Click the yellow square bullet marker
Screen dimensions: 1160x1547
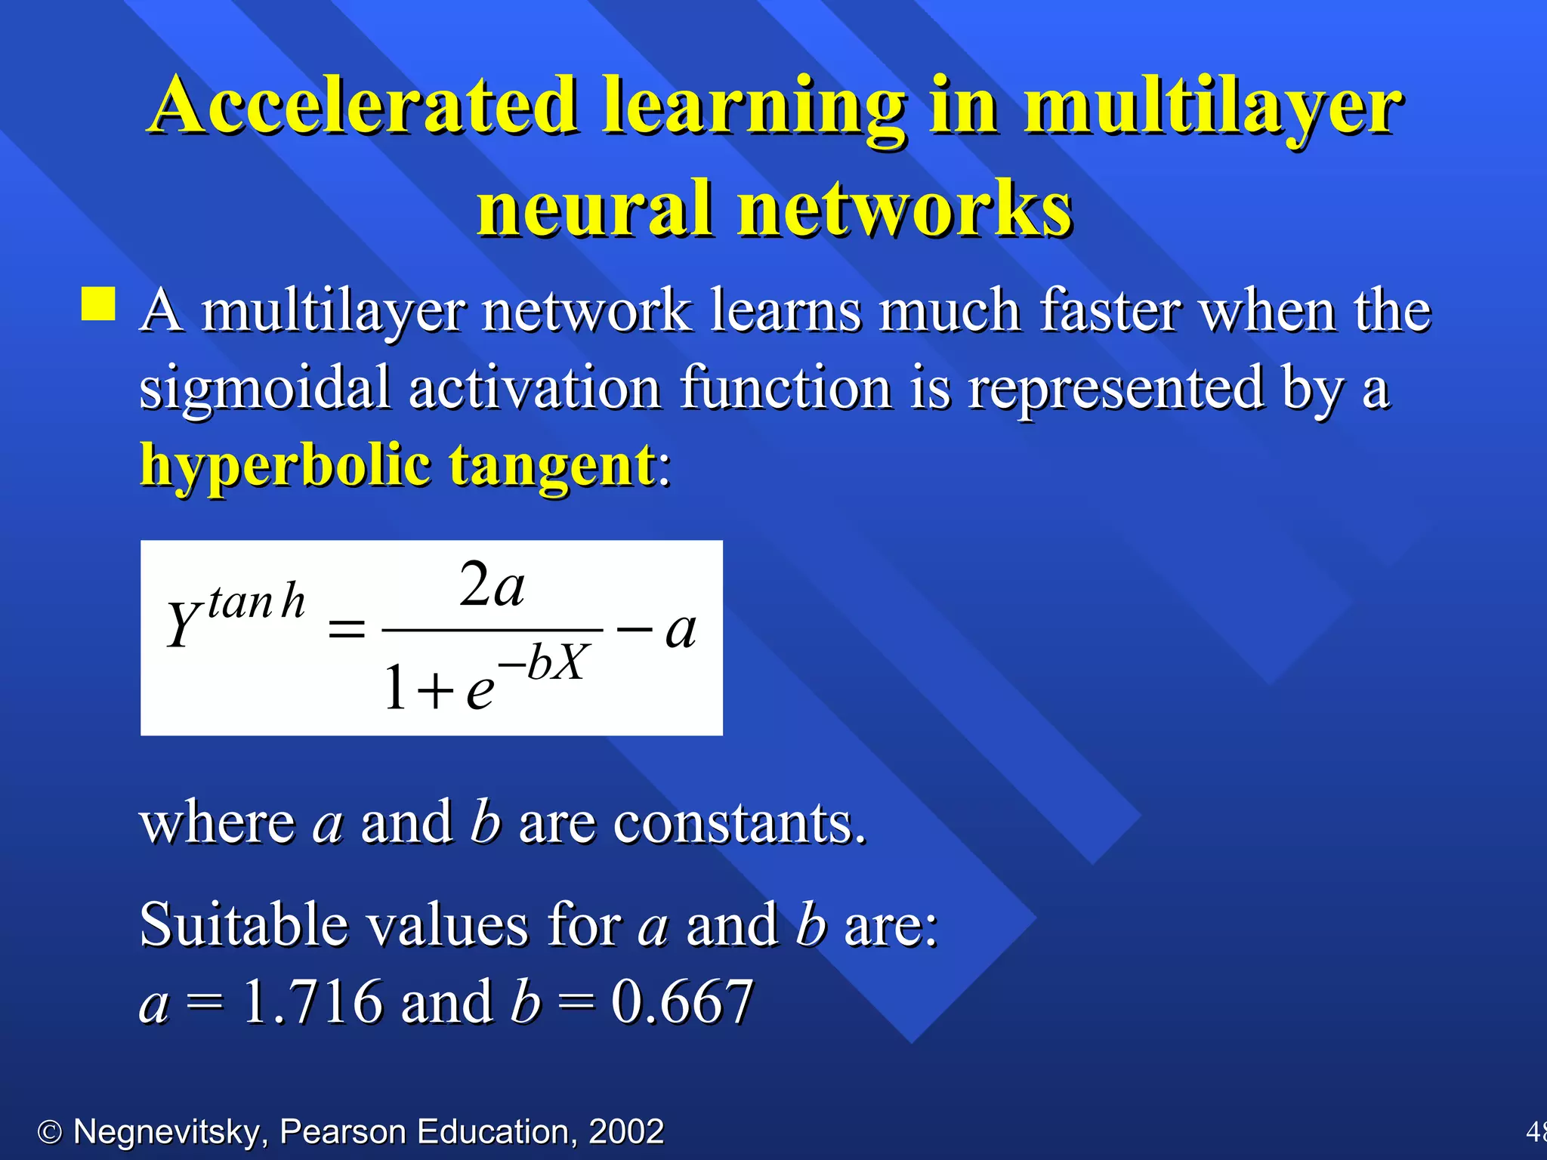click(98, 304)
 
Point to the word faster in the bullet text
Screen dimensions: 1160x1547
click(1110, 310)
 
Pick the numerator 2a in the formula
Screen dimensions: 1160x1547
click(492, 585)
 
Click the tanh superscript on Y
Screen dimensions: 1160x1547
click(256, 603)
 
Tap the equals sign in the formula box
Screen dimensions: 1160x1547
click(347, 628)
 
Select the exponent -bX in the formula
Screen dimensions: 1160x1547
click(544, 662)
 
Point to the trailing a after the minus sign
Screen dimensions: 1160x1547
click(680, 631)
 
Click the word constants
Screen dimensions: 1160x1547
click(740, 822)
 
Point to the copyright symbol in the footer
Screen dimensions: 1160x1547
click(50, 1132)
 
